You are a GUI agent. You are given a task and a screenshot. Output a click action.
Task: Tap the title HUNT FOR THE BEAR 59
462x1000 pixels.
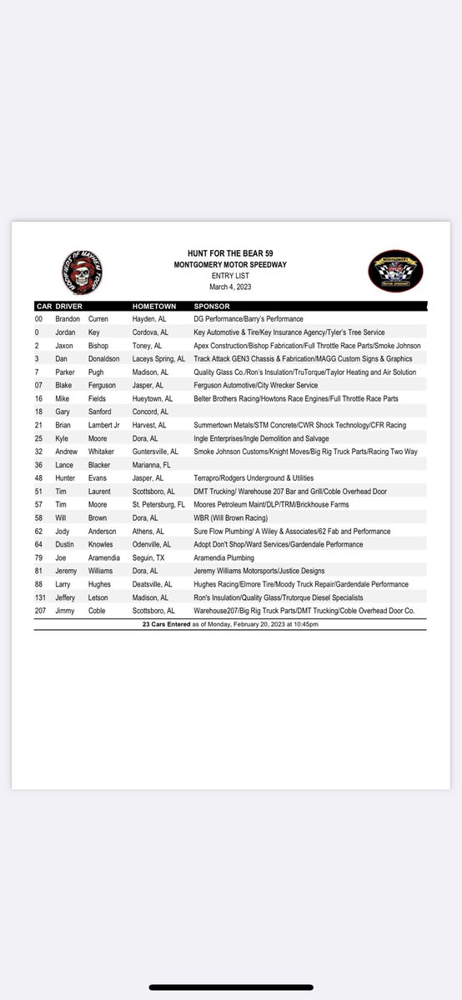click(230, 252)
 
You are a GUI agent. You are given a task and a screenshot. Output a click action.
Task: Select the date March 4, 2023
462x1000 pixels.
click(230, 287)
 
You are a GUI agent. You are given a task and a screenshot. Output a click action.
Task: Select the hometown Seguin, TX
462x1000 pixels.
click(151, 557)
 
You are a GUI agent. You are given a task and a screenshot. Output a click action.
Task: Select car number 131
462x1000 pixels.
click(41, 597)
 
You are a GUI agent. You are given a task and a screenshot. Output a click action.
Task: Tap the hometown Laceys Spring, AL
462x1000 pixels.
click(158, 358)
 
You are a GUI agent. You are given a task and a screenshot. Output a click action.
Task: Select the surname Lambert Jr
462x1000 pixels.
click(106, 425)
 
